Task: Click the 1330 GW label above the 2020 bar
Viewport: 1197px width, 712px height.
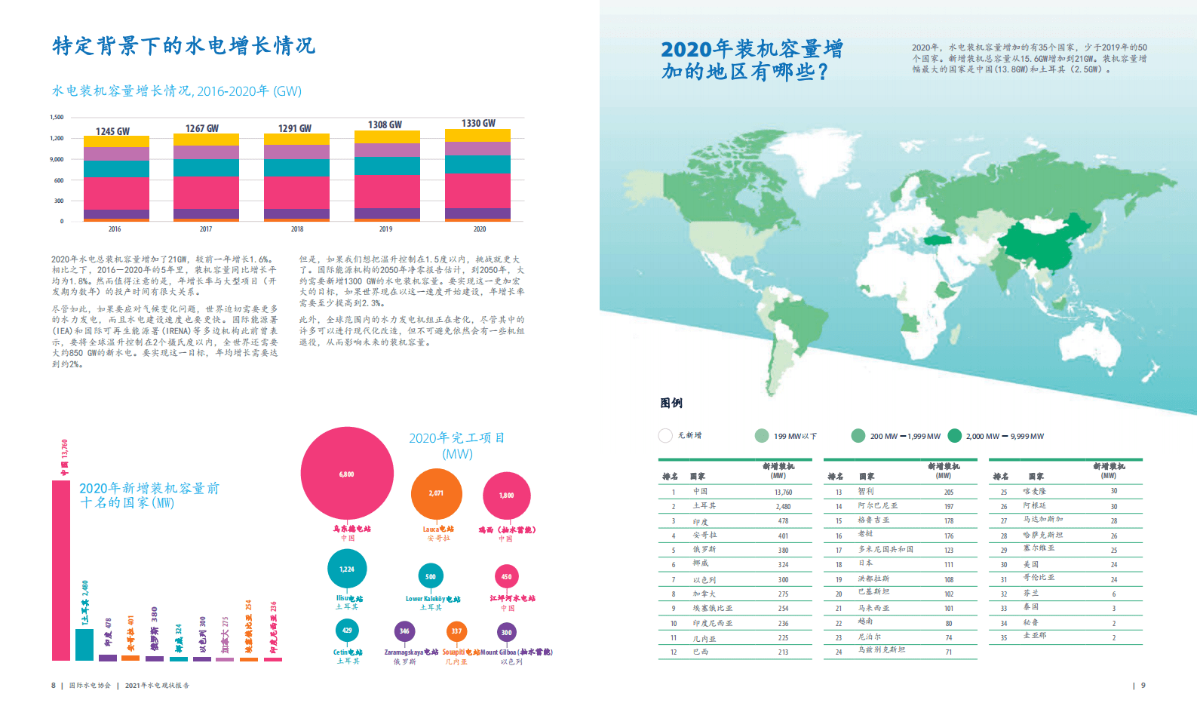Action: [x=478, y=123]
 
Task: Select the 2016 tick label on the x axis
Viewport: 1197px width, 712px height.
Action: [x=115, y=229]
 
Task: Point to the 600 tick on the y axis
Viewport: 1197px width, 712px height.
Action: [x=59, y=180]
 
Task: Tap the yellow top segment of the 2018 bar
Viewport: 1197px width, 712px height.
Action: [x=296, y=139]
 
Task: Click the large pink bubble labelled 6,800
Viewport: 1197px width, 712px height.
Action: [x=347, y=474]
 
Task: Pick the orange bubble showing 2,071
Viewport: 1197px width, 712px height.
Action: [x=436, y=493]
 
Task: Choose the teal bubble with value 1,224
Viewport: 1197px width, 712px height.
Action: [x=347, y=569]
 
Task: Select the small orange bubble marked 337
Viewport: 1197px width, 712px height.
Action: [x=456, y=631]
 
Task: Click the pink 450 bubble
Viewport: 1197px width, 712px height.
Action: [x=506, y=577]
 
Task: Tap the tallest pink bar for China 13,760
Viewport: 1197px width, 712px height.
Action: [x=61, y=569]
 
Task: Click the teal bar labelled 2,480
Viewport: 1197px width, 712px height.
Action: [x=84, y=644]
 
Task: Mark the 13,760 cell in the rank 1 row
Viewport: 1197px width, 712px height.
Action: [x=783, y=492]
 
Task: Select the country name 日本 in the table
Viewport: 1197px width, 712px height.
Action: [x=865, y=563]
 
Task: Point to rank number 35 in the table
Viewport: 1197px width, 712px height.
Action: [x=1004, y=637]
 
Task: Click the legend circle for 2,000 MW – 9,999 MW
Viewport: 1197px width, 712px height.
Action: [x=955, y=436]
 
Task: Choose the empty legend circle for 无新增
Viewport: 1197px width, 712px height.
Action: [x=665, y=436]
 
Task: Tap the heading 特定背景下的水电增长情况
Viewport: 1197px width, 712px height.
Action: [x=184, y=46]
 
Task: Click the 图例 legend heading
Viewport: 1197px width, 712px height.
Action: [x=671, y=404]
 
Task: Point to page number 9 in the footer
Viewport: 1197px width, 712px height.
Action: [x=1143, y=686]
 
